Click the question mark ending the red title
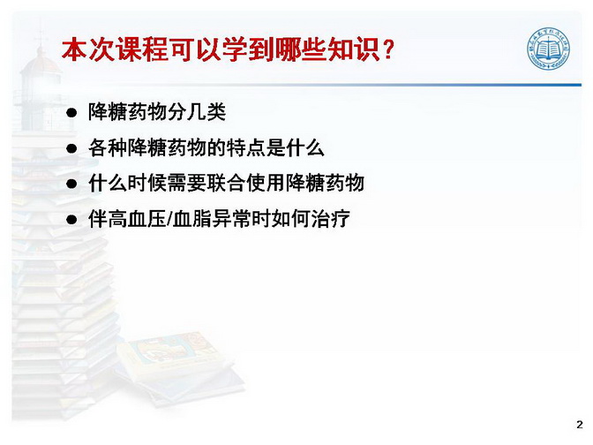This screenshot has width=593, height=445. point(388,50)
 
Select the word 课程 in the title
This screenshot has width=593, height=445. point(142,49)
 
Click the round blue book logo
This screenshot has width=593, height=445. point(549,49)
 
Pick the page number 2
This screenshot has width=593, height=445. point(580,424)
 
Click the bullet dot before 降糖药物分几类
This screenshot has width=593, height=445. point(71,113)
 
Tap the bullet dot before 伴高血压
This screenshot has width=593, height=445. point(71,220)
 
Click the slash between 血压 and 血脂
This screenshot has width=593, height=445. point(169,219)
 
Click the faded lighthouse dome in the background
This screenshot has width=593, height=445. point(41,61)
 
